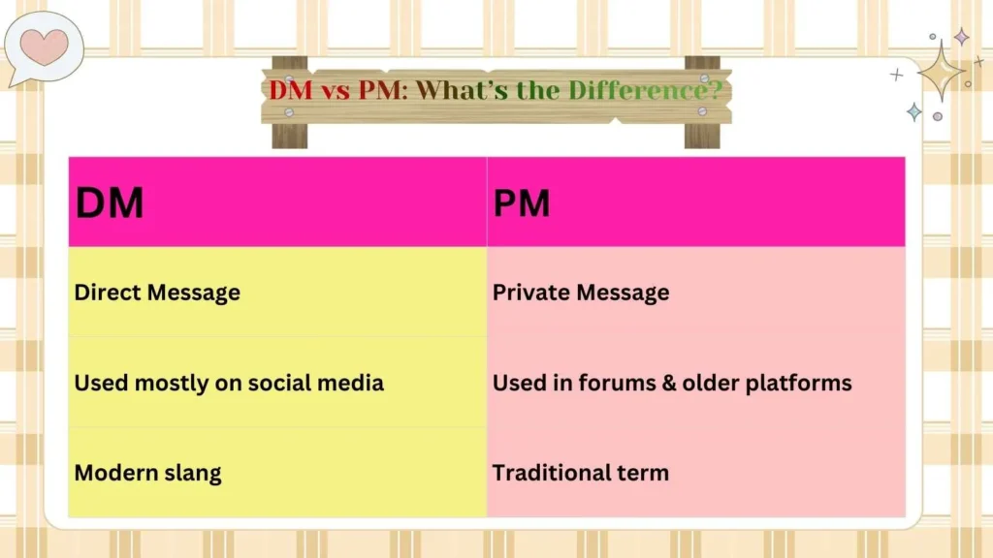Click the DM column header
110,203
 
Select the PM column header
521,203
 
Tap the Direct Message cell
157,292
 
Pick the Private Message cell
581,292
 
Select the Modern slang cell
147,473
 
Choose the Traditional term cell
581,473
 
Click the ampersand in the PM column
665,383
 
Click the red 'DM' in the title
290,91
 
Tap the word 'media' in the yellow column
354,383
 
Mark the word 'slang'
191,473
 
